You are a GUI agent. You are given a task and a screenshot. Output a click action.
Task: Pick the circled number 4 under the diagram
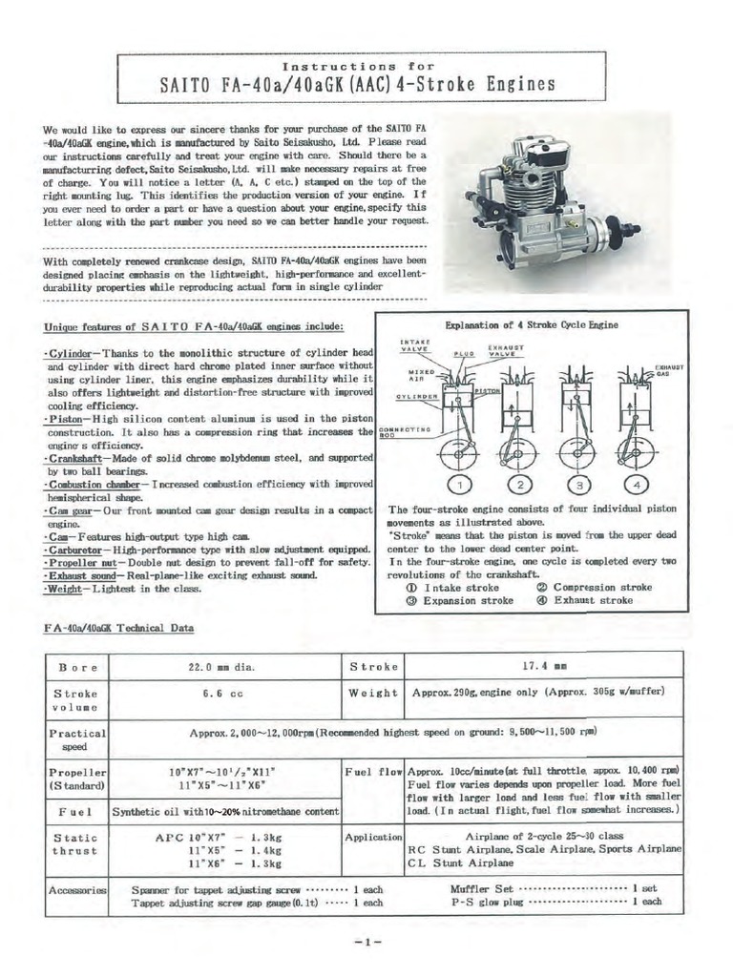pyautogui.click(x=637, y=485)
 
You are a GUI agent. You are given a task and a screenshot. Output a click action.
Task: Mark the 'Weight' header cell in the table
pyautogui.click(x=372, y=694)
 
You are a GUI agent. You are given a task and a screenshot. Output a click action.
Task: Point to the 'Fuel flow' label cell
pyautogui.click(x=372, y=769)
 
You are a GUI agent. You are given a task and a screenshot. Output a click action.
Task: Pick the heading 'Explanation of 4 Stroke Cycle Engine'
pyautogui.click(x=531, y=324)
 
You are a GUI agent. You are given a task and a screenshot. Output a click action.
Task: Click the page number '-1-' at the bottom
pyautogui.click(x=366, y=942)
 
